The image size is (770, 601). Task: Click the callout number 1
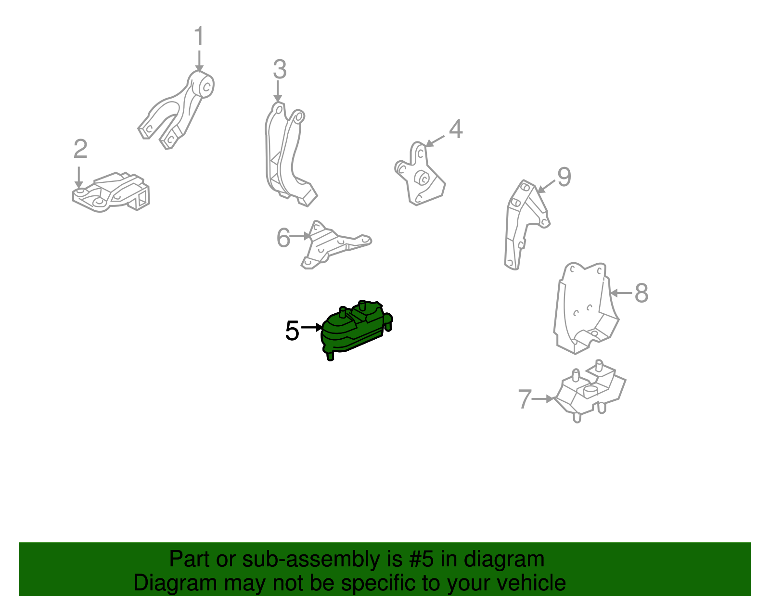click(199, 36)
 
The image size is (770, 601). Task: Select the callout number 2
click(80, 149)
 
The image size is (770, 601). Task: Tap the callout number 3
click(280, 69)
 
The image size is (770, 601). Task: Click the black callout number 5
click(292, 331)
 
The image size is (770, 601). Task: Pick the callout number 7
click(525, 398)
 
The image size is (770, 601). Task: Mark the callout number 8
click(642, 293)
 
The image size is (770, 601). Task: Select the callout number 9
click(564, 177)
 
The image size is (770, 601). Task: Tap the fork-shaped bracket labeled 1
click(176, 110)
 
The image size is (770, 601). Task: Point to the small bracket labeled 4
click(420, 174)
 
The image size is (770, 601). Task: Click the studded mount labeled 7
click(590, 391)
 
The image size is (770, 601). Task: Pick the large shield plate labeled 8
click(586, 308)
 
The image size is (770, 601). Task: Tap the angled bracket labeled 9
click(526, 225)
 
